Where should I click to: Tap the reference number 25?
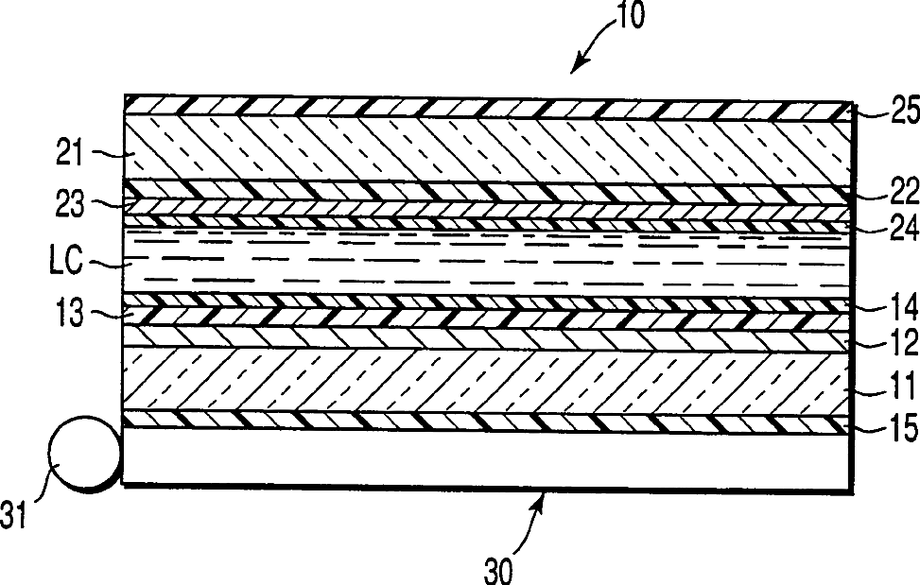(x=893, y=114)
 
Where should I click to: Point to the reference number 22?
(x=893, y=192)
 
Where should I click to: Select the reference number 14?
(x=893, y=307)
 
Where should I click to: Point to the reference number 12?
(x=893, y=345)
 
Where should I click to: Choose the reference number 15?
(x=893, y=430)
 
